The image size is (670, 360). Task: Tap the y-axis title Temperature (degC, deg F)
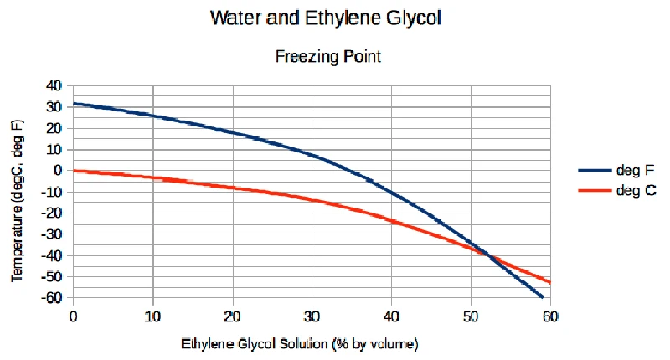pos(18,200)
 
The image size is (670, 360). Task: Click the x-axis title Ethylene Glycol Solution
pos(299,343)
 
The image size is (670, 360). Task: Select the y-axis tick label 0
pos(59,170)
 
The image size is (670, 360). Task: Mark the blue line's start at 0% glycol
pos(74,104)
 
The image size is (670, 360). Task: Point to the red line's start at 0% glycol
pos(74,171)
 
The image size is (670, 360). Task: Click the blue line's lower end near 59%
pos(543,297)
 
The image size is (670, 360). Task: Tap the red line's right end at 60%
pos(549,282)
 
